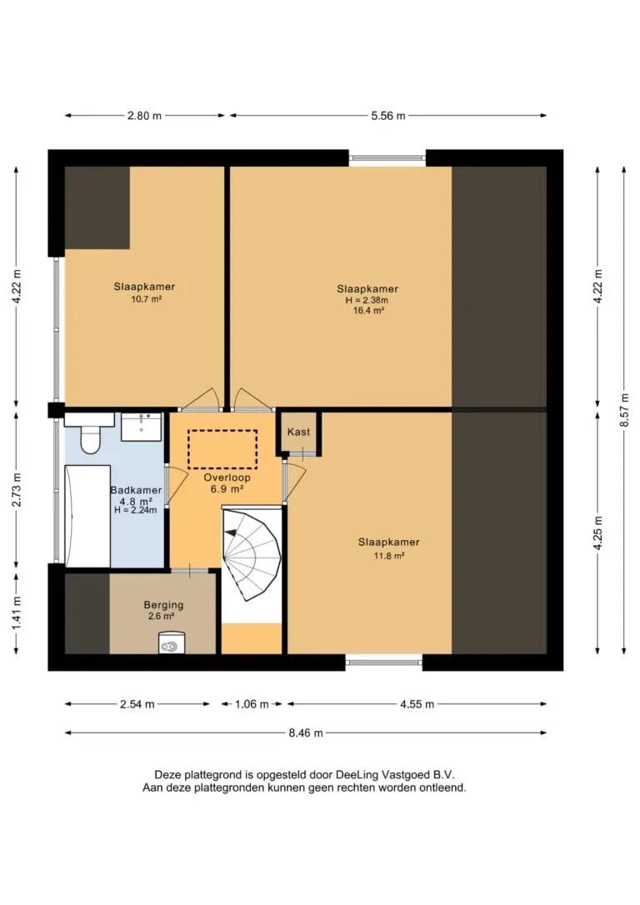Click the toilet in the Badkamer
click(x=89, y=432)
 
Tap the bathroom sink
click(x=141, y=427)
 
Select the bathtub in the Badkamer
click(x=87, y=516)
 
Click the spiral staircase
click(x=252, y=553)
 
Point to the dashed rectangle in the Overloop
click(x=222, y=449)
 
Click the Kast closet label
click(x=298, y=432)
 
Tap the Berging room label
click(x=163, y=605)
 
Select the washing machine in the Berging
click(x=172, y=643)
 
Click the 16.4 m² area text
click(x=369, y=311)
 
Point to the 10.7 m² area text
click(x=146, y=299)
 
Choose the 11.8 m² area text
click(x=389, y=556)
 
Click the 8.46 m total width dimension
click(x=306, y=733)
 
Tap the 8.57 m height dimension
click(x=624, y=410)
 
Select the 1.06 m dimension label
click(x=252, y=704)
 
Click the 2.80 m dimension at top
click(x=144, y=116)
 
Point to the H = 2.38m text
click(x=367, y=300)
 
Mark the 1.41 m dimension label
click(x=16, y=613)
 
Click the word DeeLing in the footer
click(x=358, y=774)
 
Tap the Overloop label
click(x=227, y=477)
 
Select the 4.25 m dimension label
click(x=597, y=532)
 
